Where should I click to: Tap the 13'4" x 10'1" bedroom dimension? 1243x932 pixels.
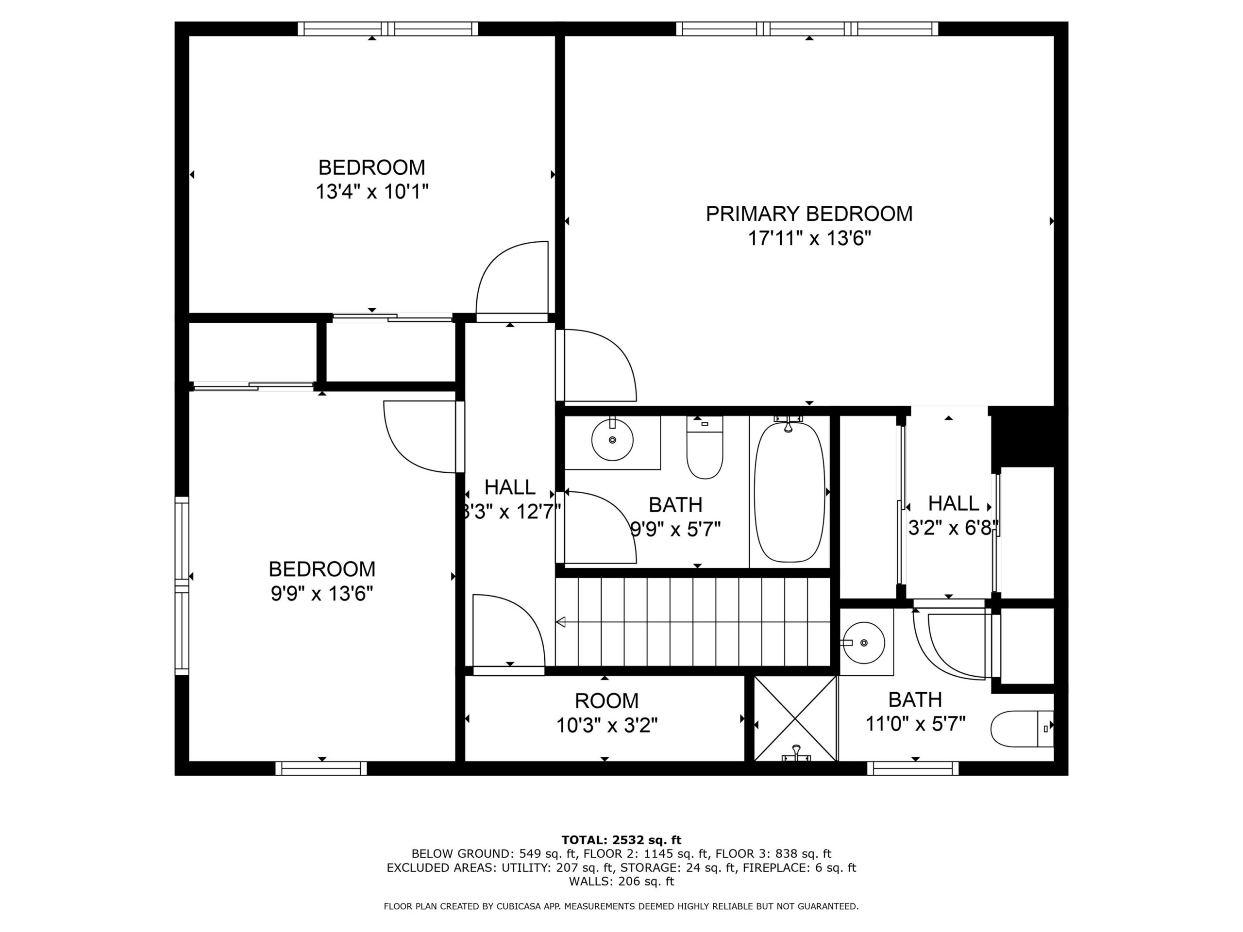click(372, 192)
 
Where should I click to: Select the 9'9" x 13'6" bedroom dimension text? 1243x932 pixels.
click(322, 593)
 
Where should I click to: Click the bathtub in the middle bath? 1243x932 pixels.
click(789, 492)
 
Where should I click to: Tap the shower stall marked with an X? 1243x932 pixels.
click(795, 718)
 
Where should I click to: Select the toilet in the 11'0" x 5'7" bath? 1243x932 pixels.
click(1022, 729)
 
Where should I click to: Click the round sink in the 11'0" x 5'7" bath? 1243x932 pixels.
click(864, 642)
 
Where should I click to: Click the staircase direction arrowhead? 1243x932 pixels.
click(561, 622)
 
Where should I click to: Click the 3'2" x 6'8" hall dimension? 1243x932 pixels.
click(953, 528)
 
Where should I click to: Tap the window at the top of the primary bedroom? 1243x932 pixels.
click(807, 29)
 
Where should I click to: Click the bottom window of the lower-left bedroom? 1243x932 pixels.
click(321, 768)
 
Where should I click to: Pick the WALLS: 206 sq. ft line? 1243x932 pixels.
click(621, 882)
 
